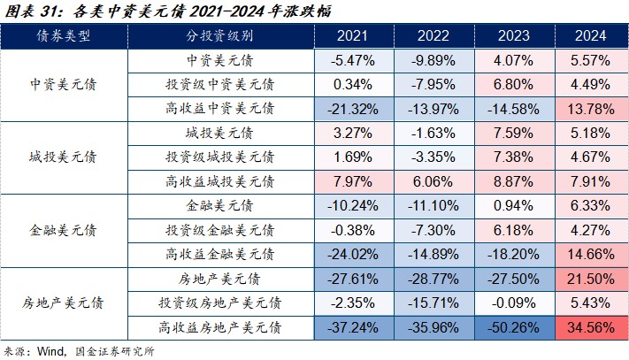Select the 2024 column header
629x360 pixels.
point(588,36)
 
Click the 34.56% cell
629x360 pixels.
point(588,327)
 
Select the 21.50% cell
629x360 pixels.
point(588,279)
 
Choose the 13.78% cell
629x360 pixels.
point(588,109)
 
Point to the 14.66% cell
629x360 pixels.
point(588,254)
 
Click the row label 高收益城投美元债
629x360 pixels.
point(220,181)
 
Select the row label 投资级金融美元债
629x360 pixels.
point(220,230)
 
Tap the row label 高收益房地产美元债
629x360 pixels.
point(220,327)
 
